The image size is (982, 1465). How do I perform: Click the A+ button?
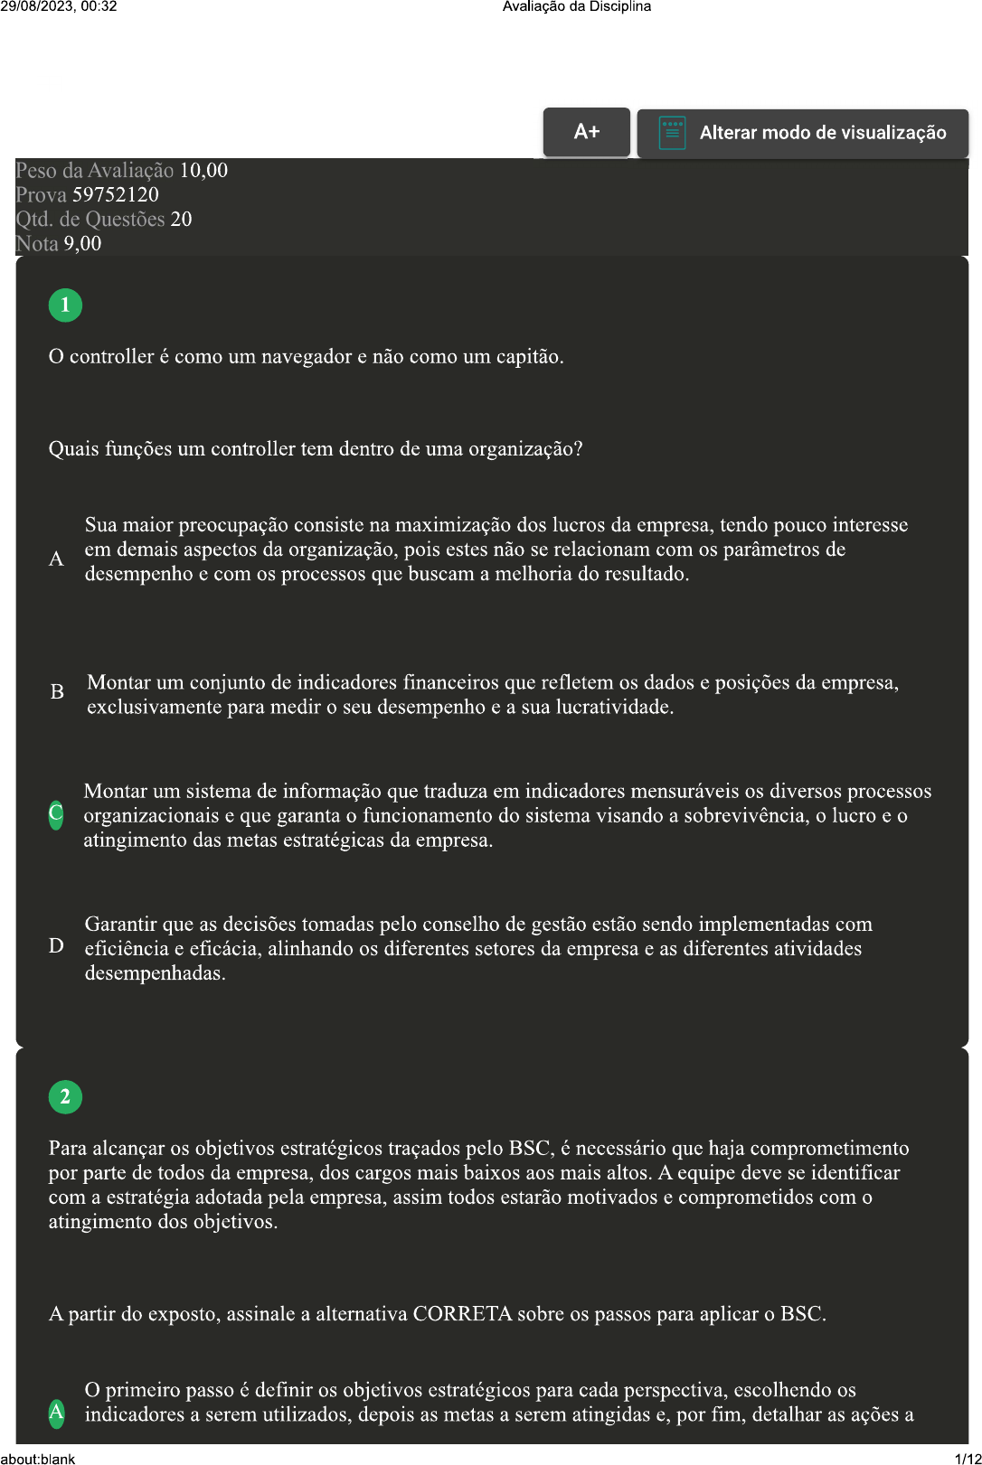click(586, 132)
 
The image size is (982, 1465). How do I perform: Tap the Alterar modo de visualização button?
click(803, 133)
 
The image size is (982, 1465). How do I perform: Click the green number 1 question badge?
click(65, 305)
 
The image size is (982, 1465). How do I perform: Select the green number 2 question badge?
click(65, 1097)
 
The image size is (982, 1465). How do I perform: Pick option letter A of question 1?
click(56, 559)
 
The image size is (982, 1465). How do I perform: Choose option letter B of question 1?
click(57, 692)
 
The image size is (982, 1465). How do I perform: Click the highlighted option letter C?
click(56, 814)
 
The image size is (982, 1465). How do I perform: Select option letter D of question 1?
click(56, 946)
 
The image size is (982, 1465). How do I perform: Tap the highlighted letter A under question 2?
click(56, 1412)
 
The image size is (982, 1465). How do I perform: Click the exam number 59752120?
click(115, 195)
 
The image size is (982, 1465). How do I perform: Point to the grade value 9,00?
click(82, 244)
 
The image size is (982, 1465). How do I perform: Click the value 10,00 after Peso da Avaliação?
click(203, 171)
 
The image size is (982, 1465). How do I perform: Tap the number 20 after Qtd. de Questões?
click(181, 220)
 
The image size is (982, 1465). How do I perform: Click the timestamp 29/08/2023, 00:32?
click(59, 6)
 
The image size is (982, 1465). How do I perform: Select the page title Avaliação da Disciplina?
click(576, 6)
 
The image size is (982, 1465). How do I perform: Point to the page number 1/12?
click(967, 1458)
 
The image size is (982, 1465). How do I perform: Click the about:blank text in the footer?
click(38, 1458)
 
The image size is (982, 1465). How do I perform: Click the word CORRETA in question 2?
click(462, 1314)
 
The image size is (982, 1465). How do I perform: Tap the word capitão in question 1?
click(527, 357)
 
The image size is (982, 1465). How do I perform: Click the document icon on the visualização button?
click(672, 133)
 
